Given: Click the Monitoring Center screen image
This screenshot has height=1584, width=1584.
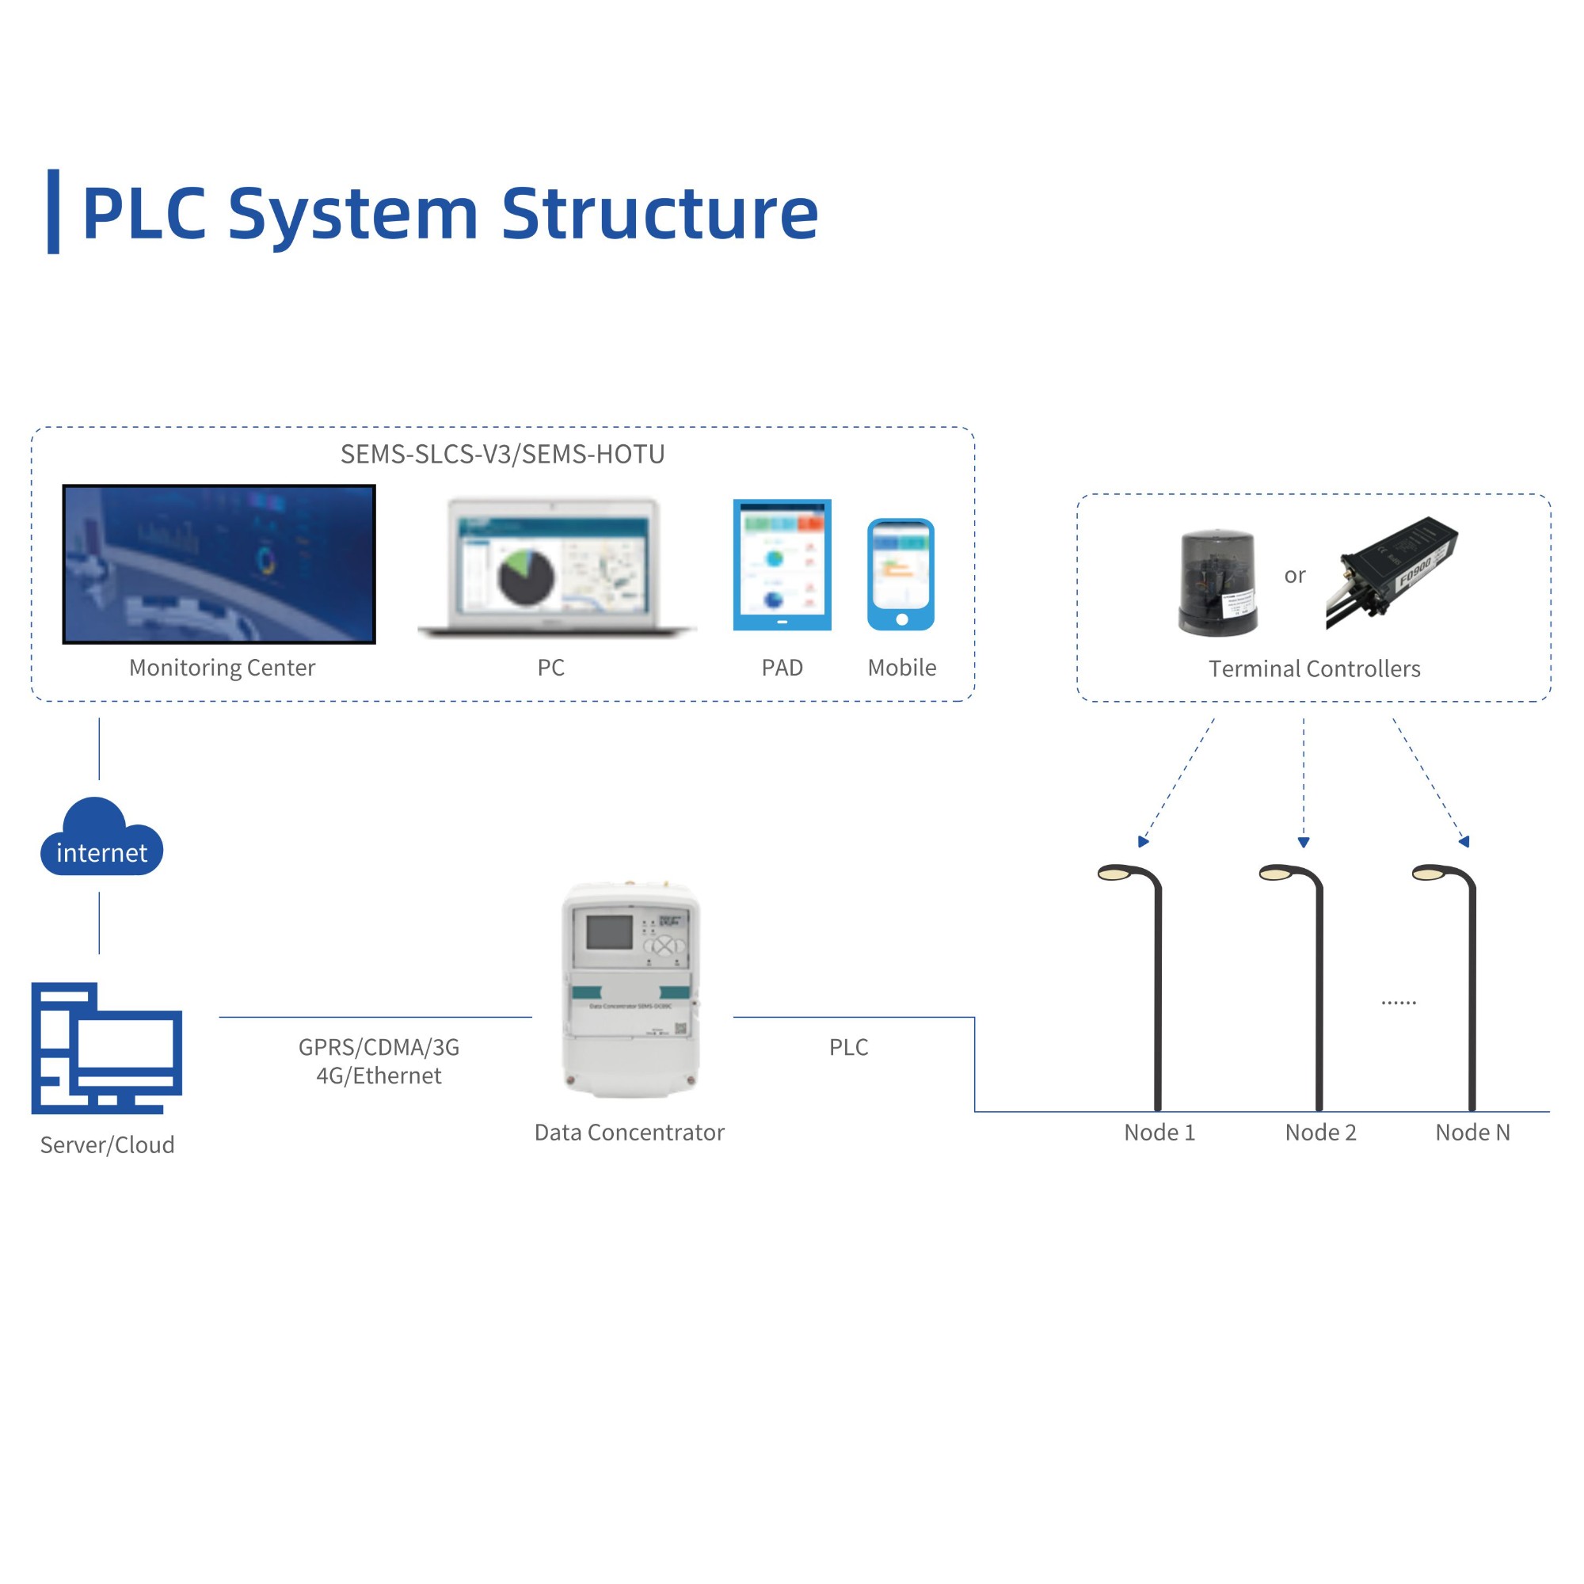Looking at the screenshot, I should [219, 564].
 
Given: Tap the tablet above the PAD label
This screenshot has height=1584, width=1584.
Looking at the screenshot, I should [782, 565].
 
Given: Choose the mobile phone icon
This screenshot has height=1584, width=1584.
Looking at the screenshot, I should [901, 575].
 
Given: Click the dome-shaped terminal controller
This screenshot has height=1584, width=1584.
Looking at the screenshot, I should [1217, 582].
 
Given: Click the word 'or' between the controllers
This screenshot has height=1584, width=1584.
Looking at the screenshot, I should [1295, 576].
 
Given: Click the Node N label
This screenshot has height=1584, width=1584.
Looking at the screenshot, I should [1472, 1133].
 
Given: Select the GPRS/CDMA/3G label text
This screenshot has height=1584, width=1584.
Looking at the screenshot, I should [379, 1047].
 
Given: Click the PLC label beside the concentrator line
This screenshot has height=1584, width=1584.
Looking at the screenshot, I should [848, 1047].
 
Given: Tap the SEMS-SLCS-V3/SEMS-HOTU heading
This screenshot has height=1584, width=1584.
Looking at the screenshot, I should [503, 454].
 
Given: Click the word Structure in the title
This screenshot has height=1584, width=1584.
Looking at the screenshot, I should [659, 214].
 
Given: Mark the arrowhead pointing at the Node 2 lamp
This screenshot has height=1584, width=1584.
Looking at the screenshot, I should [1304, 842].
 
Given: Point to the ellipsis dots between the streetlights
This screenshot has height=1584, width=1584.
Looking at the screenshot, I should [1398, 1003].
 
